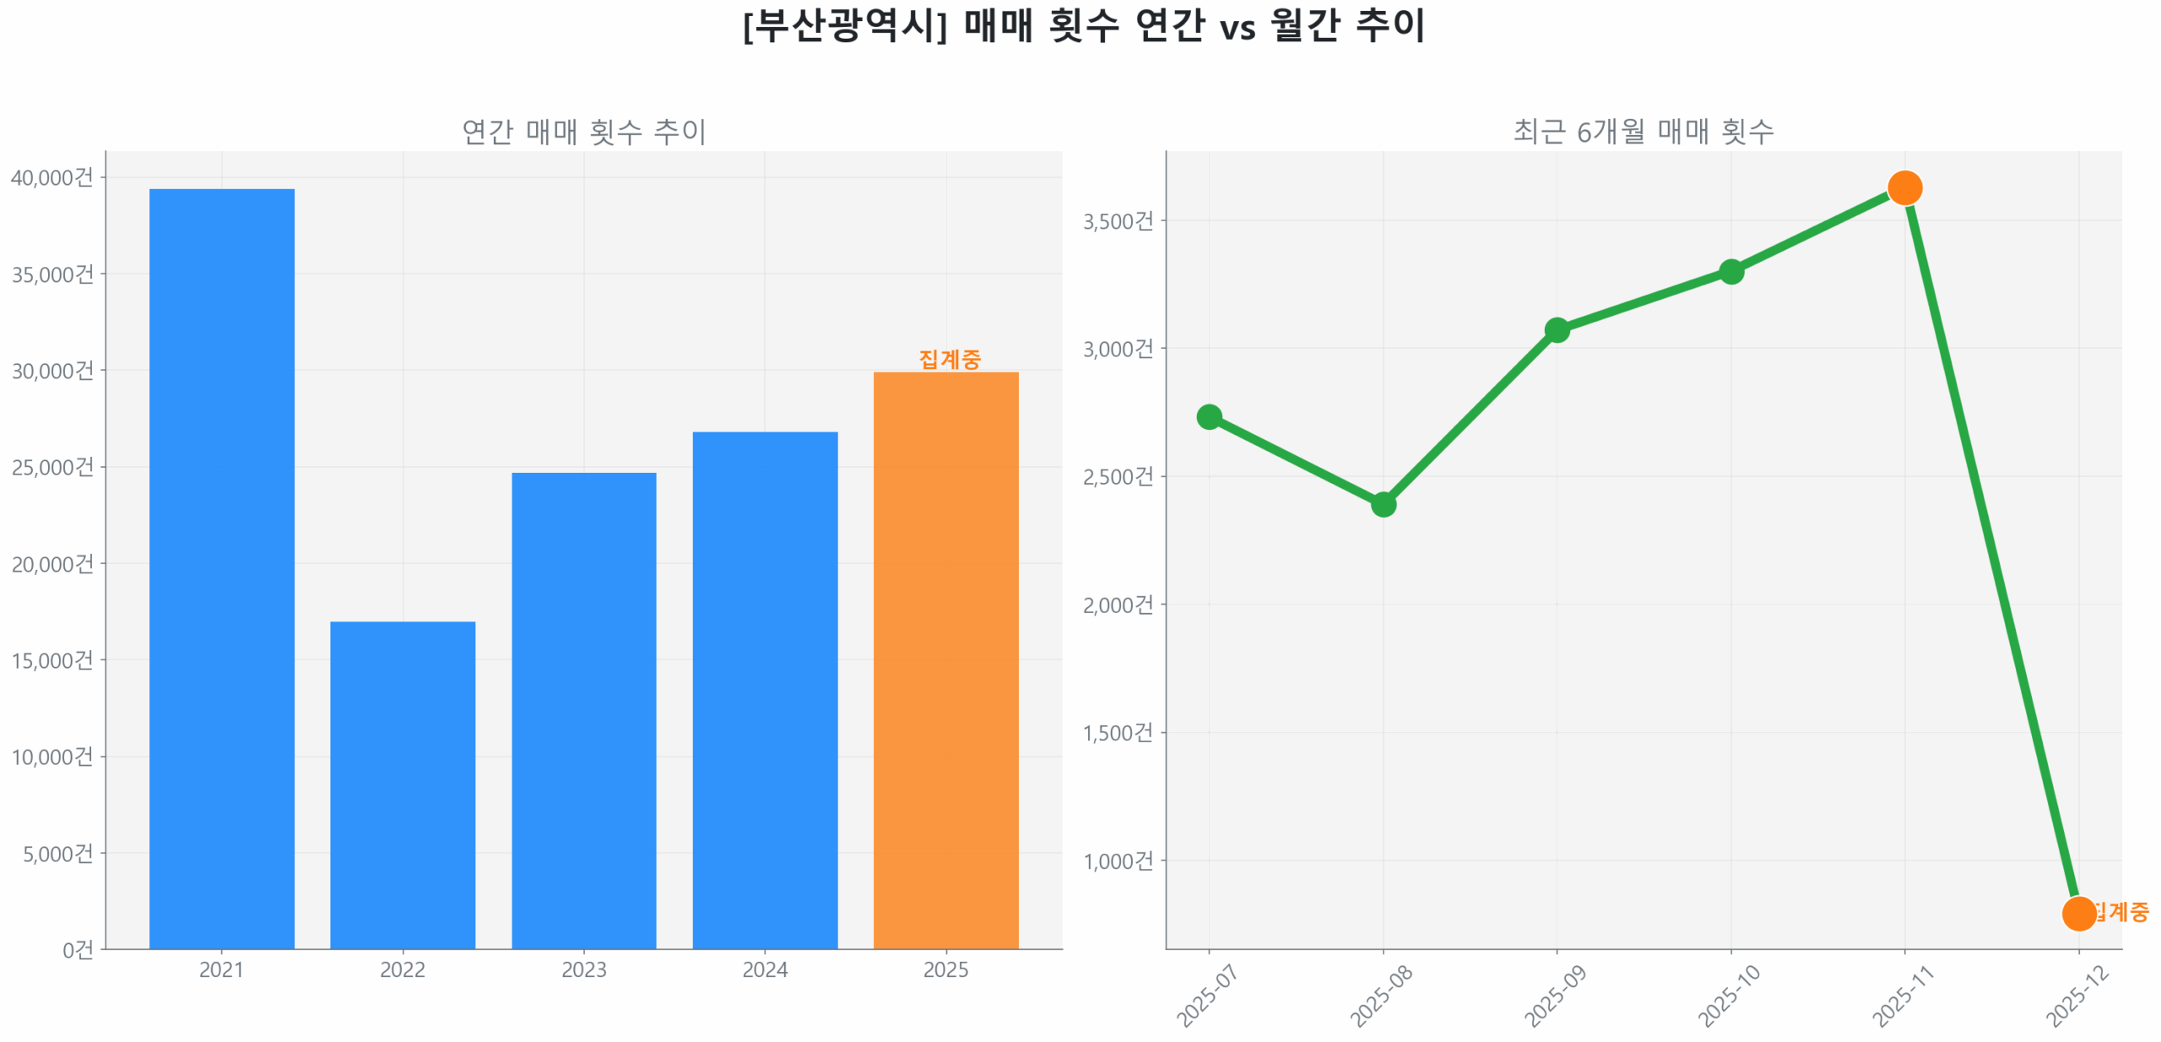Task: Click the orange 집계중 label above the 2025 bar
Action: pyautogui.click(x=949, y=359)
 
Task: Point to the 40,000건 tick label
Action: pyautogui.click(x=51, y=177)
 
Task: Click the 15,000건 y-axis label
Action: pyautogui.click(x=51, y=659)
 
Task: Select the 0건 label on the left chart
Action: pyautogui.click(x=78, y=949)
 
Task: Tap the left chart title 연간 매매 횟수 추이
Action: pyautogui.click(x=583, y=132)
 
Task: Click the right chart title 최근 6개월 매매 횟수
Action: pyautogui.click(x=1642, y=132)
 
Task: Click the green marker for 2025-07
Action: pyautogui.click(x=1209, y=416)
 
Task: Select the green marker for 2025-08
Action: pyautogui.click(x=1383, y=504)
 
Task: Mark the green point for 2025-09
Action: pyautogui.click(x=1557, y=329)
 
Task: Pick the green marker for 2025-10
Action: pyautogui.click(x=1730, y=271)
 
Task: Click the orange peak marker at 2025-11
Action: pyautogui.click(x=1904, y=187)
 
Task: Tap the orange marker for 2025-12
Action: pyautogui.click(x=2077, y=913)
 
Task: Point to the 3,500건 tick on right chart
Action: pyautogui.click(x=1117, y=221)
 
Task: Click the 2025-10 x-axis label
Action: pyautogui.click(x=1728, y=996)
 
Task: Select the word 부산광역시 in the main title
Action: pyautogui.click(x=845, y=25)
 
